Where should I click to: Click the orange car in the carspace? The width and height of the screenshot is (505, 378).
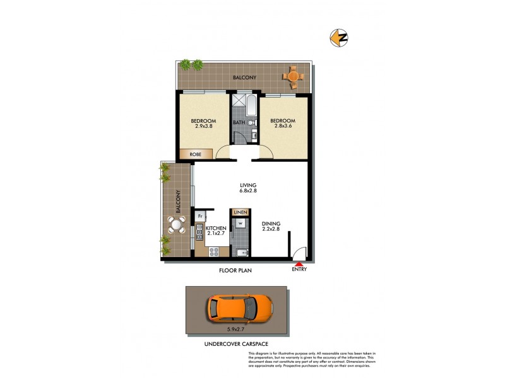click(240, 308)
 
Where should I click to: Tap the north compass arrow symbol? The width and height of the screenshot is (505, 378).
click(339, 38)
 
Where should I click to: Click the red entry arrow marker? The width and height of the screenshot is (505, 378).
click(299, 265)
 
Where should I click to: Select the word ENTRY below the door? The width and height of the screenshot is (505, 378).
click(299, 270)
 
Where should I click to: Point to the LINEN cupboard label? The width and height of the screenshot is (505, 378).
click(240, 213)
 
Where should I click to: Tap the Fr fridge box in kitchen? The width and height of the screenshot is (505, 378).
click(200, 216)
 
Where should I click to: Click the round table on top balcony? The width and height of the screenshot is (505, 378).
click(292, 76)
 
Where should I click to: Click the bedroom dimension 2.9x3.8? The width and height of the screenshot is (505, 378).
click(203, 127)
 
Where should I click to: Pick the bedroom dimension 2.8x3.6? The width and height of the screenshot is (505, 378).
click(282, 127)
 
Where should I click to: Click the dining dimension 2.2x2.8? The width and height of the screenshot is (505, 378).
click(274, 229)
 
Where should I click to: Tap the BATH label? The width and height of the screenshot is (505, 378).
click(239, 122)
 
